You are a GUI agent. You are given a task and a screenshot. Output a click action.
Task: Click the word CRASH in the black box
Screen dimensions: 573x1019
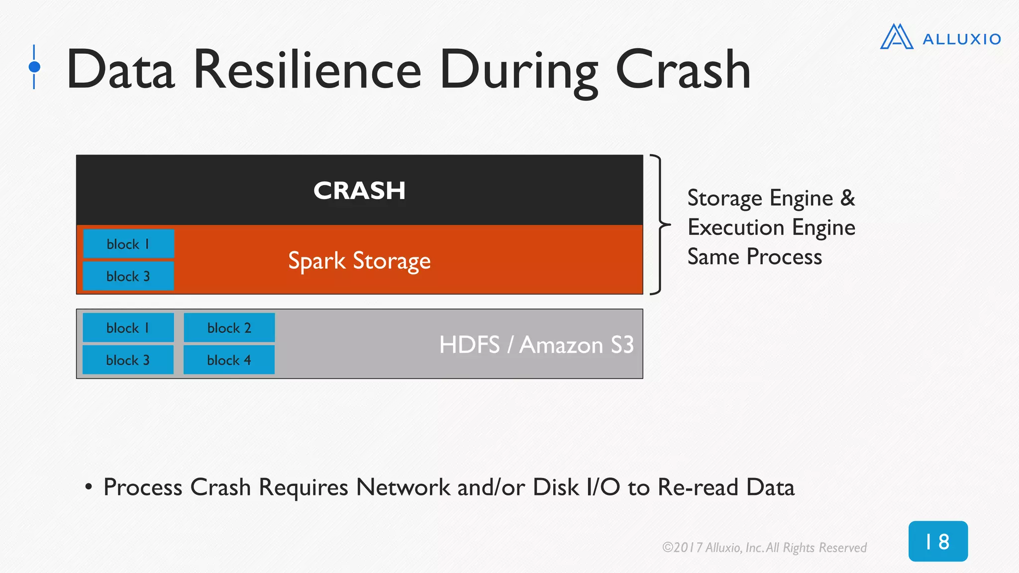coord(359,191)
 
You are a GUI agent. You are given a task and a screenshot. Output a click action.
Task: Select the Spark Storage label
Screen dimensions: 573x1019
coord(359,261)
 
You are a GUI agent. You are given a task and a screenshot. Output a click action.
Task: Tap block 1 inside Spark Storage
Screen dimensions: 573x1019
coord(128,244)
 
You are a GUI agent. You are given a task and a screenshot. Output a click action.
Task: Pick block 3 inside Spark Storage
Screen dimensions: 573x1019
coord(128,276)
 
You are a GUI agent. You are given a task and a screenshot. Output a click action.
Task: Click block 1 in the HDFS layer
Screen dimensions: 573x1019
coord(128,328)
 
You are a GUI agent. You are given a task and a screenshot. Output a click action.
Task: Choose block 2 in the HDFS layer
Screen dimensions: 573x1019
coord(229,328)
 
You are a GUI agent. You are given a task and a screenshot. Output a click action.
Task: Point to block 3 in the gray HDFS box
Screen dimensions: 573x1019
coord(128,360)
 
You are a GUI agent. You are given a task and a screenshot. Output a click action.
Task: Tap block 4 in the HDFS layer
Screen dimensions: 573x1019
coord(229,360)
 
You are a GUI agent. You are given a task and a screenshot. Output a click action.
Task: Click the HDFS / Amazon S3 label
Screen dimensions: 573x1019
coord(536,345)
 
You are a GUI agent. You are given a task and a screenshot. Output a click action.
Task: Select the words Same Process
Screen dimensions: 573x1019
coord(754,257)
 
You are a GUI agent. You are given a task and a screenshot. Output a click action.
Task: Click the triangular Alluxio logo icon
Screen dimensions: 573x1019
coord(897,37)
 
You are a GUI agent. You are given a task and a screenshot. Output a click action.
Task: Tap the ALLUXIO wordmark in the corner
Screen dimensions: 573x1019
coord(961,39)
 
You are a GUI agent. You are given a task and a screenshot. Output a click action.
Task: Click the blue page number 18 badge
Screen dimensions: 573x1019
coord(938,541)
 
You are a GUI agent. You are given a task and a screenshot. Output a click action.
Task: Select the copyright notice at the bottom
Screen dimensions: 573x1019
coord(764,548)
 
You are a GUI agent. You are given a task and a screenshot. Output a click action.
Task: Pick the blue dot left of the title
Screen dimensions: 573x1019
coord(34,67)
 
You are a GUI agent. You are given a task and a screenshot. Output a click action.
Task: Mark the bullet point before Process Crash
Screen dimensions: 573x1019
coord(89,486)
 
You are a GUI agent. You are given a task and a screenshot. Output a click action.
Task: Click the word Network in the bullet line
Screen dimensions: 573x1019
coord(403,487)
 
